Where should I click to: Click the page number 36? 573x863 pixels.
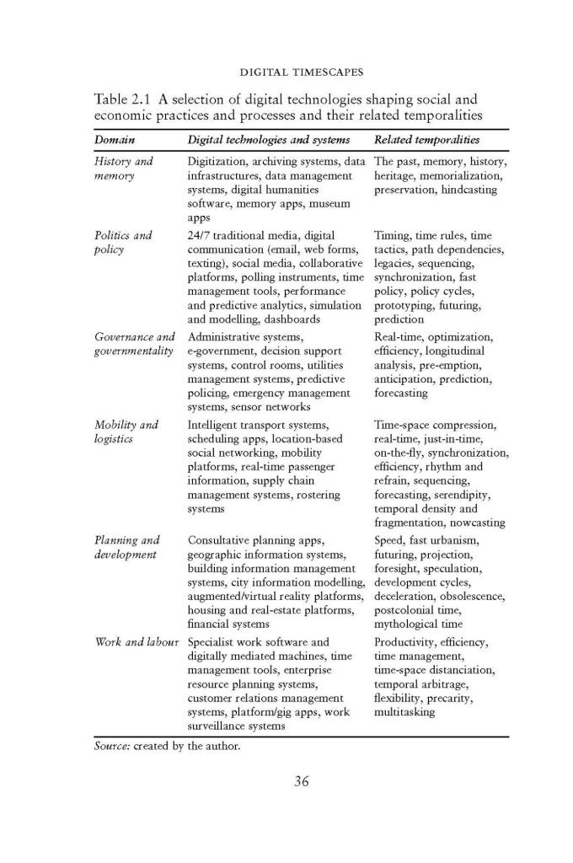click(x=301, y=780)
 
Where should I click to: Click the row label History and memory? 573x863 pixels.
click(x=123, y=169)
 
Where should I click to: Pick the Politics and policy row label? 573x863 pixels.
click(x=123, y=242)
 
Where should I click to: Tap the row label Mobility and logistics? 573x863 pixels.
click(x=126, y=431)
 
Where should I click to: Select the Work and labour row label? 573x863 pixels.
click(x=137, y=642)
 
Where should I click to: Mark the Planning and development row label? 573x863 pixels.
click(x=127, y=547)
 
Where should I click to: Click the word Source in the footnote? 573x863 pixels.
click(x=110, y=746)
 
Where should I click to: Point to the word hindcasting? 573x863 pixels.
click(x=463, y=190)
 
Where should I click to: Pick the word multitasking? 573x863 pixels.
click(x=404, y=712)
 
